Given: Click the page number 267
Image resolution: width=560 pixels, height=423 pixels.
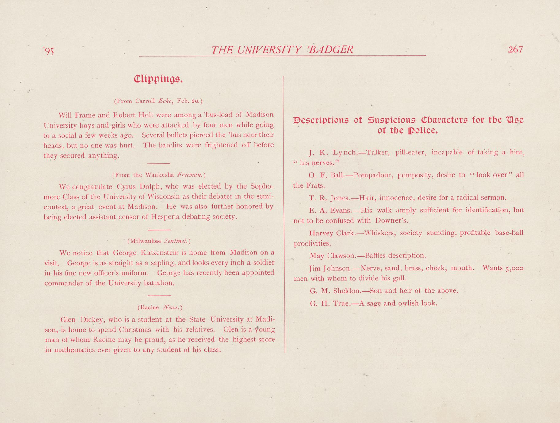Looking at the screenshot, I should (x=515, y=50).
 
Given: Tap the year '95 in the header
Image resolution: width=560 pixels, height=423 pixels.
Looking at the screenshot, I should (x=48, y=51).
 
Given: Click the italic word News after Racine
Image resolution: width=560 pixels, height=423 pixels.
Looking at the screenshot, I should (x=172, y=307).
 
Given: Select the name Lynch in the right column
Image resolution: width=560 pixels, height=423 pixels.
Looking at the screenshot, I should (x=345, y=152).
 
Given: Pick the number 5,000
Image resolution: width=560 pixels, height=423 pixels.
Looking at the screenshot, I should (x=514, y=268).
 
